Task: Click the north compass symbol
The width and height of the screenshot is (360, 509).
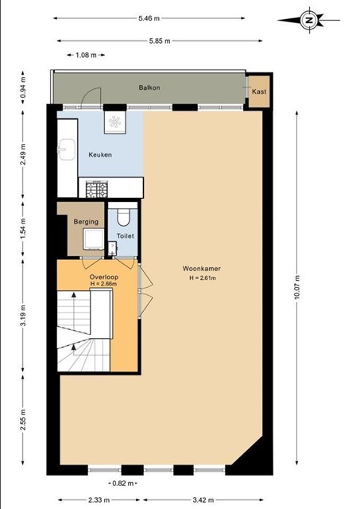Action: click(310, 20)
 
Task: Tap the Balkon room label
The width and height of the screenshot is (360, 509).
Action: click(149, 87)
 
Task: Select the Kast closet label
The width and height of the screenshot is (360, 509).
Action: click(259, 91)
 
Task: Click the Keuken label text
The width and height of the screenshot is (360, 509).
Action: click(100, 155)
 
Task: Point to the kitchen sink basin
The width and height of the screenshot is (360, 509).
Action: click(67, 150)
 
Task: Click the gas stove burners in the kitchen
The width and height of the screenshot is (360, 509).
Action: click(97, 189)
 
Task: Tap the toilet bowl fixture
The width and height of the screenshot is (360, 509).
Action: click(123, 216)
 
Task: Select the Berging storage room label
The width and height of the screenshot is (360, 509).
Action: click(86, 222)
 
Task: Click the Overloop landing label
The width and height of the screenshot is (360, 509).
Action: click(104, 278)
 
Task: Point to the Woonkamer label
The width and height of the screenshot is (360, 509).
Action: click(202, 269)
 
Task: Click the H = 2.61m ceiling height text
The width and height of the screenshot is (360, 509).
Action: click(203, 278)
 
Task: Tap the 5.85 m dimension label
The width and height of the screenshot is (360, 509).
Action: click(160, 41)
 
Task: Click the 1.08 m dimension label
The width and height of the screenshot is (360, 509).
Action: click(86, 55)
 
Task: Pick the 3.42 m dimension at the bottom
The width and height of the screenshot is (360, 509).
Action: click(203, 500)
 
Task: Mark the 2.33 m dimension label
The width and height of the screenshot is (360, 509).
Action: click(99, 500)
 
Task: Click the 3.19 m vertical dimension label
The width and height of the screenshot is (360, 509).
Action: click(23, 316)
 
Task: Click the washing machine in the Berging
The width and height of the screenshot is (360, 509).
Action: click(94, 239)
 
